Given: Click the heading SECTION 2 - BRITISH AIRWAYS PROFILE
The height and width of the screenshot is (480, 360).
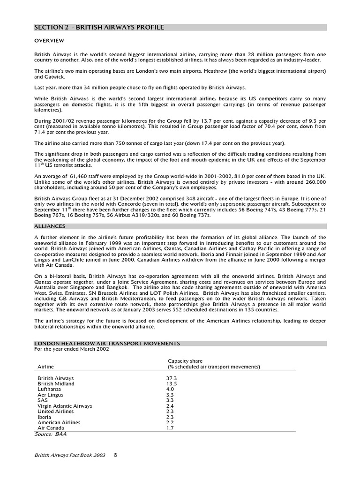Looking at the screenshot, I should tap(99, 28).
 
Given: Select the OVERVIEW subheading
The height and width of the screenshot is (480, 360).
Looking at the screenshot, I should tap(49, 41).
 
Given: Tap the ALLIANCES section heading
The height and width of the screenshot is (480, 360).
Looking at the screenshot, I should tap(50, 226).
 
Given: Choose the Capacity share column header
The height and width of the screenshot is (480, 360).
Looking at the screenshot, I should tap(185, 361).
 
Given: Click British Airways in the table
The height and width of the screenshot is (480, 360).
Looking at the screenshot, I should tap(55, 378).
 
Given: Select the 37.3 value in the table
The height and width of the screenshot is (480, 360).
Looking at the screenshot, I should tap(172, 378).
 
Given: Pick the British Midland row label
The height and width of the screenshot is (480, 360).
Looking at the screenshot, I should tap(56, 384).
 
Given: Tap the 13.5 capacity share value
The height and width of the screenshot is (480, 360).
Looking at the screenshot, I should tap(172, 384).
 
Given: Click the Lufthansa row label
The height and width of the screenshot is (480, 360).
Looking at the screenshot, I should tap(49, 389).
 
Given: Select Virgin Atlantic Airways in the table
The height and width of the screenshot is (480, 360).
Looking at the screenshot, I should tap(65, 406).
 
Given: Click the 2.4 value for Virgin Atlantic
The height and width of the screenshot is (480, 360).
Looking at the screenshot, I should tap(170, 406).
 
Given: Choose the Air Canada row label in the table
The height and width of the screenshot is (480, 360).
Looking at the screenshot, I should tap(51, 428).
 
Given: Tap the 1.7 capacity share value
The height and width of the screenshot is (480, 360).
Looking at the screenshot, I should tap(170, 428).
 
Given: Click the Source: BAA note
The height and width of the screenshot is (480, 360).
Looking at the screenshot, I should tap(51, 434).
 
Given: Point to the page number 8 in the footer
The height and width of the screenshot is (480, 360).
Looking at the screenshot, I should tap(115, 455).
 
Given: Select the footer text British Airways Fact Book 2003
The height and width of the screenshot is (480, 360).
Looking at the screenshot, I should tap(70, 455).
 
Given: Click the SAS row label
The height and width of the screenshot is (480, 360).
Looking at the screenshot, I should tap(43, 400).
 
